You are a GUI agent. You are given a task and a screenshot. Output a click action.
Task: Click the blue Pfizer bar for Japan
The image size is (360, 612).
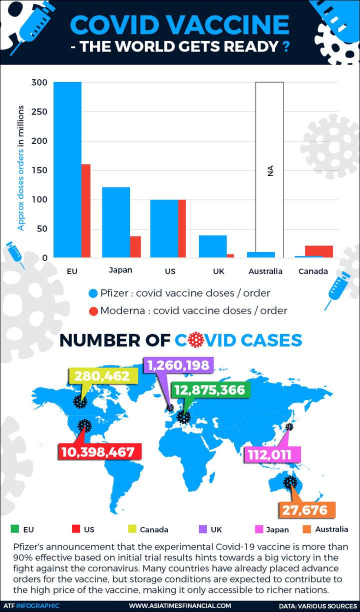point(116,222)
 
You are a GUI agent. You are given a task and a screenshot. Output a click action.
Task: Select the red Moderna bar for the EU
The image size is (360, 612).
point(86,210)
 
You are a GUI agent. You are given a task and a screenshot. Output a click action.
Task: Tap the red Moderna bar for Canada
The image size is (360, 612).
point(319,251)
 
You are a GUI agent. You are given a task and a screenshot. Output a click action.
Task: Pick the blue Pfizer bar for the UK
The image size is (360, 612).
point(213,246)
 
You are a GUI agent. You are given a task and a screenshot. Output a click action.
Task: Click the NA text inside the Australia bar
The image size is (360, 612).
point(270,171)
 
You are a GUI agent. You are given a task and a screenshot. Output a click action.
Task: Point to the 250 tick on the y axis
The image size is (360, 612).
point(39,111)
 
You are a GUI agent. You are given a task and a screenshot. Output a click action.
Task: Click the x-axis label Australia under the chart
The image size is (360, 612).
point(265,271)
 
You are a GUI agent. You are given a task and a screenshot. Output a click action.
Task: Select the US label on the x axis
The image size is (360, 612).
point(170,271)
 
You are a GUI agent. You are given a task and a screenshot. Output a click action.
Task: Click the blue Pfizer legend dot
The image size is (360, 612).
point(93,293)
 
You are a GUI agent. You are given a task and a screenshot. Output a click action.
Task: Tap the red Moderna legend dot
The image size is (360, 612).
point(93,311)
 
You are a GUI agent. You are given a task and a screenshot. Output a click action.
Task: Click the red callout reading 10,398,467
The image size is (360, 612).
point(99,451)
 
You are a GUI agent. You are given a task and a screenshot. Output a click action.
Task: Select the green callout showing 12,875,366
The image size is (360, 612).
point(210,390)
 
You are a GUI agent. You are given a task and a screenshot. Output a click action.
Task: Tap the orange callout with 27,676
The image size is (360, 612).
point(306,510)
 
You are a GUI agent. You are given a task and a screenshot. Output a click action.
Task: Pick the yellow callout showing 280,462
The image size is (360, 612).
point(103,376)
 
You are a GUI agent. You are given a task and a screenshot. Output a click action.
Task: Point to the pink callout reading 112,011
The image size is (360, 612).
point(272,454)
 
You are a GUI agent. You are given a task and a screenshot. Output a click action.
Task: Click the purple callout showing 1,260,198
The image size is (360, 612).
point(178,364)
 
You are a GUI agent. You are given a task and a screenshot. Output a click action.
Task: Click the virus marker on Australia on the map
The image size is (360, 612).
point(290,482)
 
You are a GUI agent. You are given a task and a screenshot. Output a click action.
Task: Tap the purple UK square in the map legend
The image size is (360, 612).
point(203,529)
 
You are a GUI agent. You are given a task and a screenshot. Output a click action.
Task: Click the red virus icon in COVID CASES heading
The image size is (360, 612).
point(196,340)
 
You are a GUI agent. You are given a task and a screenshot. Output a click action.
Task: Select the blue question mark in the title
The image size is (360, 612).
point(285,46)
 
